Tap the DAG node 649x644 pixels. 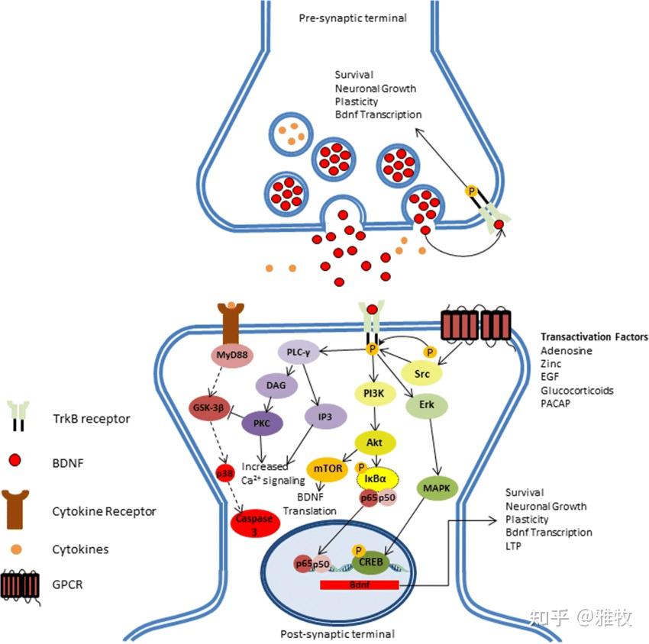276,385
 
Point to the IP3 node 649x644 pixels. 326,417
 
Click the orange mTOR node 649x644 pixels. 327,469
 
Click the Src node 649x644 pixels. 422,374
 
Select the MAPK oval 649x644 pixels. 437,487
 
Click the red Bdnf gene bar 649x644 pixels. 358,584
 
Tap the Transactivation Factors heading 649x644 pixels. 594,336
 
